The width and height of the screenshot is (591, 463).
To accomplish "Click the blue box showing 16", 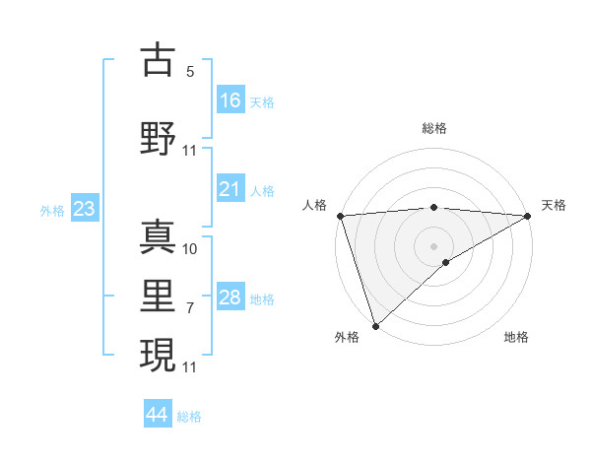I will click(230, 99).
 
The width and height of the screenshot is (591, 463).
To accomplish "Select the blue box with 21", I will click(230, 189).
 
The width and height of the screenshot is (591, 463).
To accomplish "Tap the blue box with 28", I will click(230, 298).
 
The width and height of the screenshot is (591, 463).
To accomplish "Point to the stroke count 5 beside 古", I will click(190, 72).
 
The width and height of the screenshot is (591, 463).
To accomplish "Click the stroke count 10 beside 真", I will click(190, 249).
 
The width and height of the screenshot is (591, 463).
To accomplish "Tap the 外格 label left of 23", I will click(52, 210).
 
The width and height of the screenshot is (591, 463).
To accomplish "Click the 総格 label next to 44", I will click(189, 417).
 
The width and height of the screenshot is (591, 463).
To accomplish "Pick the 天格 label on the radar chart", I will click(554, 205).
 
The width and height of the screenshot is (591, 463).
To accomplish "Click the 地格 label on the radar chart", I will click(516, 337).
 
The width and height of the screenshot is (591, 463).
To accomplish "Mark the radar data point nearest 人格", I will click(340, 216).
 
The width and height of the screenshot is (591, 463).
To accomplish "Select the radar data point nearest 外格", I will click(375, 325).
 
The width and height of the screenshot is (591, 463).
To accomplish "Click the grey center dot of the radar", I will click(433, 245).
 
